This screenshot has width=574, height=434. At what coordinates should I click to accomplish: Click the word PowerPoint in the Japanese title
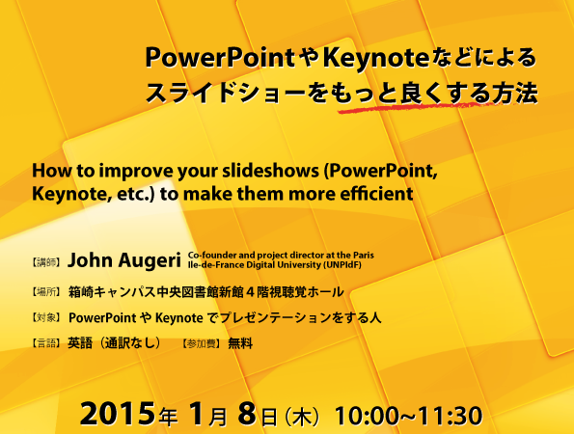[x=220, y=58]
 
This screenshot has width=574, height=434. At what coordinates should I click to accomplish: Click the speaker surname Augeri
[x=150, y=260]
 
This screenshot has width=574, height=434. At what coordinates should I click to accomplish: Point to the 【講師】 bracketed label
[x=45, y=262]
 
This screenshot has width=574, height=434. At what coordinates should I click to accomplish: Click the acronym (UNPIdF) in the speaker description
[x=342, y=264]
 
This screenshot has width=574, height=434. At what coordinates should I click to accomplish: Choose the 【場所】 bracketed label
[x=45, y=292]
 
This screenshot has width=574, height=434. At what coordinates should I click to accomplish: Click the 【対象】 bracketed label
[x=45, y=317]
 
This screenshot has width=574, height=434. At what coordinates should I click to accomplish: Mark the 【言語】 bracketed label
[x=45, y=343]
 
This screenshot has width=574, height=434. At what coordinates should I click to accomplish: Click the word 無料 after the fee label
[x=240, y=343]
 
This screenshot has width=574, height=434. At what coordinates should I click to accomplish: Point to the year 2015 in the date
[x=117, y=414]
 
